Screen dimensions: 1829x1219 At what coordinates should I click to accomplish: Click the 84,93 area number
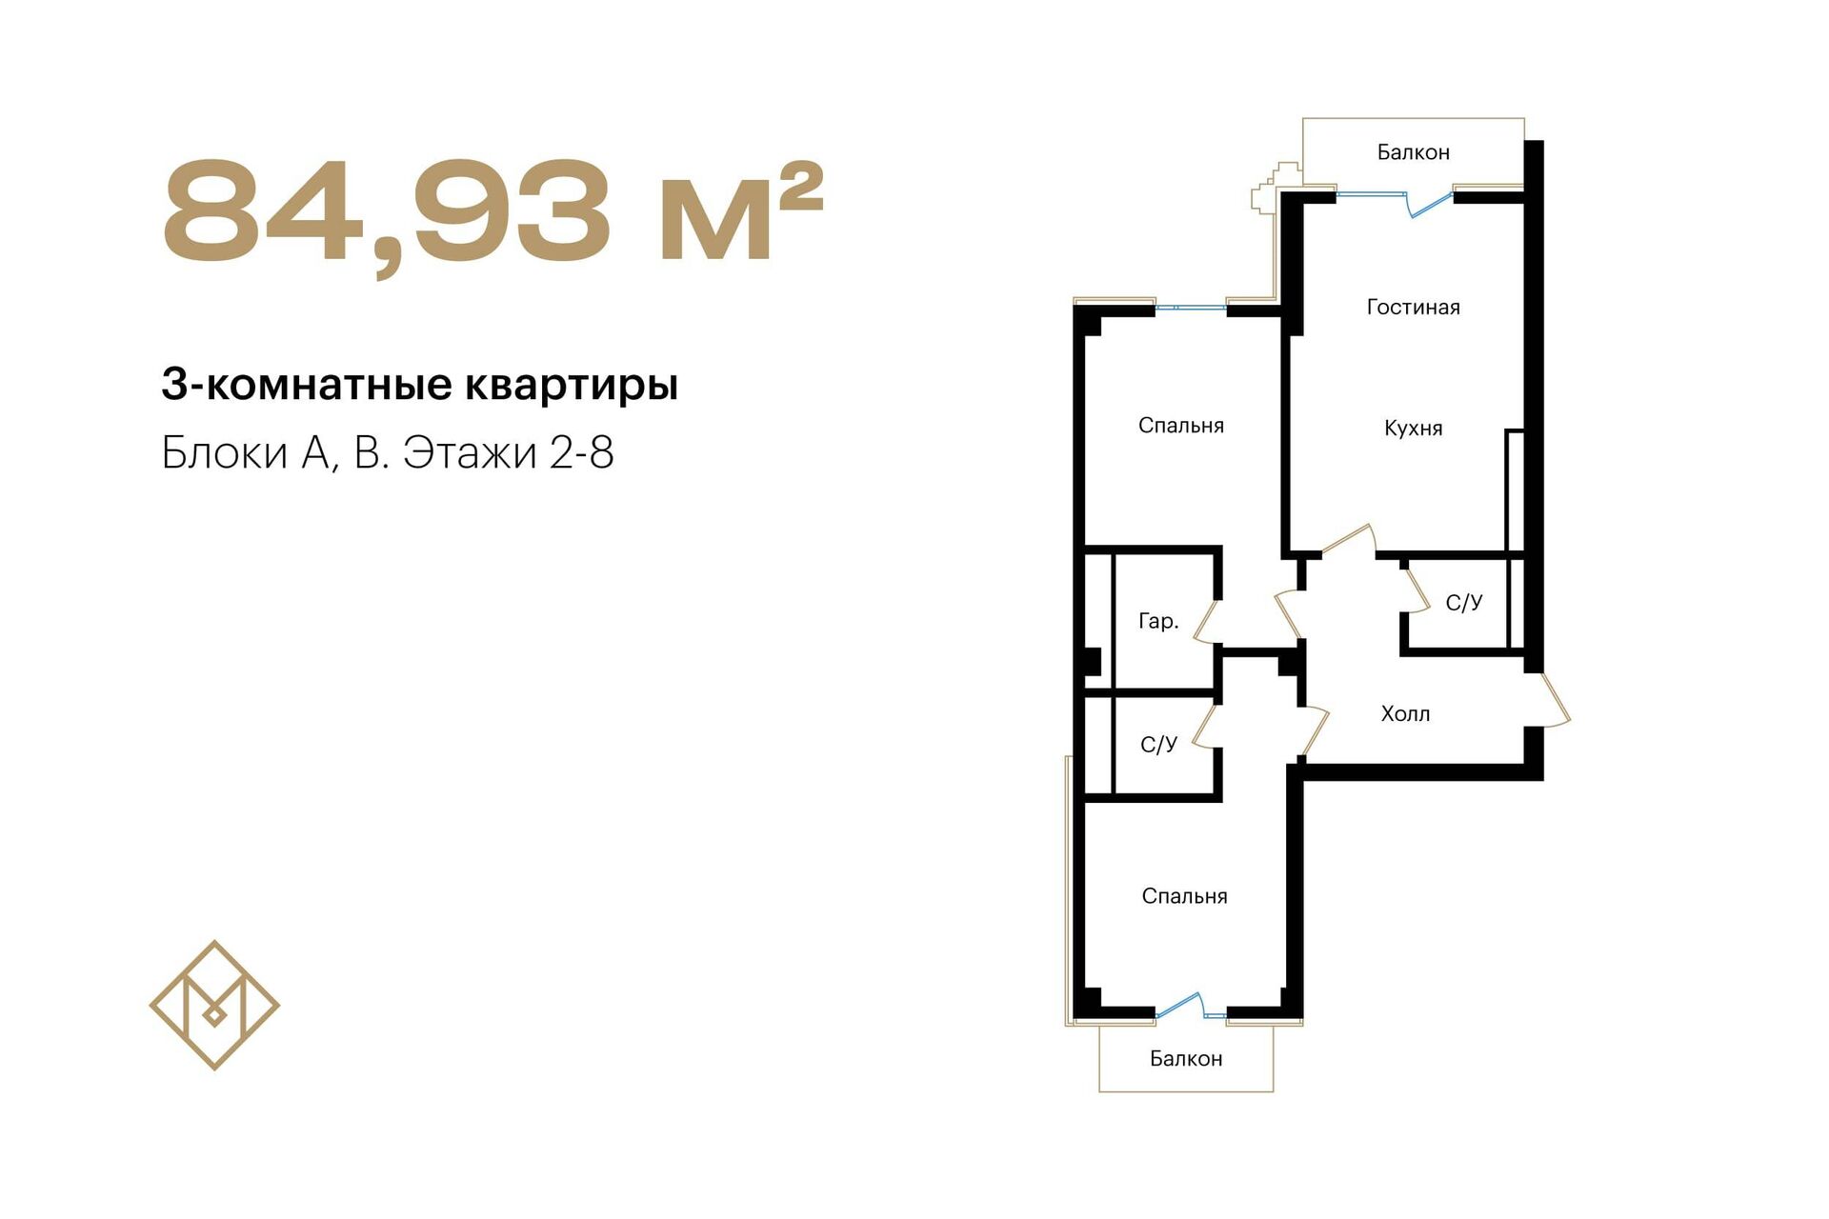pos(387,213)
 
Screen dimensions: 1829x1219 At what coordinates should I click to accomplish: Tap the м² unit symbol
pos(740,210)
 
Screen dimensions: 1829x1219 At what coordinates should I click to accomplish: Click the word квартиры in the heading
pos(572,386)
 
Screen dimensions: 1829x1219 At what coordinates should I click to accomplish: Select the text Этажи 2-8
pos(508,452)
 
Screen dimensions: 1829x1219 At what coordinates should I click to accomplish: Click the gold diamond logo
pos(214,1006)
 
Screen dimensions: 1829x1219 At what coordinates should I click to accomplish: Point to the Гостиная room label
pos(1413,307)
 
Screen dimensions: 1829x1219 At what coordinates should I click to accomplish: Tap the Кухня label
pos(1413,429)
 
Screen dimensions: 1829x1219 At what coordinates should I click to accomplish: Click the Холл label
pos(1405,713)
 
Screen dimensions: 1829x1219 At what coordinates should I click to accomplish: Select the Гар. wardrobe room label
pos(1158,622)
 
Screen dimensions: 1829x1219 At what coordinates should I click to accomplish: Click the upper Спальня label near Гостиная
pos(1180,426)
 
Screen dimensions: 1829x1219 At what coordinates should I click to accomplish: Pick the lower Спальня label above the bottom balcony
pos(1184,896)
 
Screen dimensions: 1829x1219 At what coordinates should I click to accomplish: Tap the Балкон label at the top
pos(1413,152)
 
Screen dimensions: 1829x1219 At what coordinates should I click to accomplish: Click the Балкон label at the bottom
pos(1185,1059)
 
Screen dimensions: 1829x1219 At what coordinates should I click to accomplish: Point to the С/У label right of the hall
pos(1463,603)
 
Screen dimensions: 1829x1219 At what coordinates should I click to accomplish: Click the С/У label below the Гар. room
pos(1158,745)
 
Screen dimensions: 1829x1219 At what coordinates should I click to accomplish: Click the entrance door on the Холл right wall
pos(1553,700)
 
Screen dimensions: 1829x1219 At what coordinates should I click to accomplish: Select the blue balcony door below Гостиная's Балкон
pos(1428,203)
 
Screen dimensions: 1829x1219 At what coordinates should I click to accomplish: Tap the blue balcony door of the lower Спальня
pos(1180,1005)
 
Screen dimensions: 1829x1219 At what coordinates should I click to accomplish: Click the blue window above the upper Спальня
pos(1190,308)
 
